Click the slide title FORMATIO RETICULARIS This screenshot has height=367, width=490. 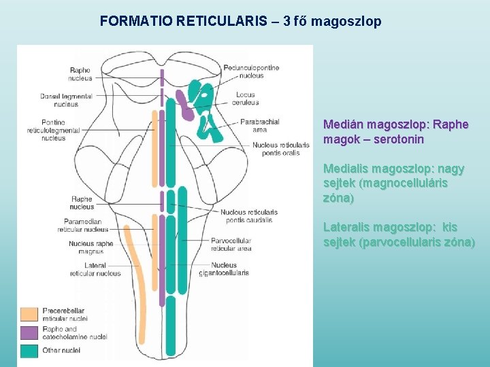[x=183, y=21]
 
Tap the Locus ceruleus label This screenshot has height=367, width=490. [x=247, y=99]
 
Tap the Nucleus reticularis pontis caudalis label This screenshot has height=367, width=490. [x=248, y=216]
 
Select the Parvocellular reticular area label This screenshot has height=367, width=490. [x=231, y=245]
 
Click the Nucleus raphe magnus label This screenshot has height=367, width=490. [x=91, y=247]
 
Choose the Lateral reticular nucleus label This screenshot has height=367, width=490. [x=95, y=269]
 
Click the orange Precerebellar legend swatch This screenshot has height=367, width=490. [x=29, y=314]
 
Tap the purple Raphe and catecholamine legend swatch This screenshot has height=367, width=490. [x=29, y=332]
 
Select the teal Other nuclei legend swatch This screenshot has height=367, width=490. [x=29, y=351]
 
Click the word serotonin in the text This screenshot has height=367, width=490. [x=398, y=139]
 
